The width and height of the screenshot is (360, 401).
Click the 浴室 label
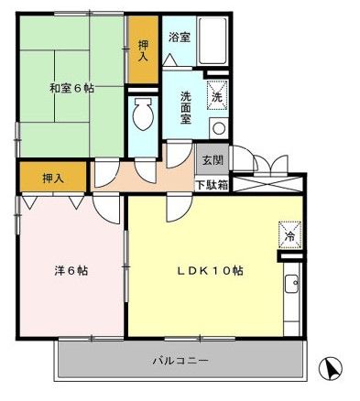(x=179, y=38)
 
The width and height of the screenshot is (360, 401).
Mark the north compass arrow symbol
(x=332, y=370)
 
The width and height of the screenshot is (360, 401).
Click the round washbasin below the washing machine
(x=218, y=126)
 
